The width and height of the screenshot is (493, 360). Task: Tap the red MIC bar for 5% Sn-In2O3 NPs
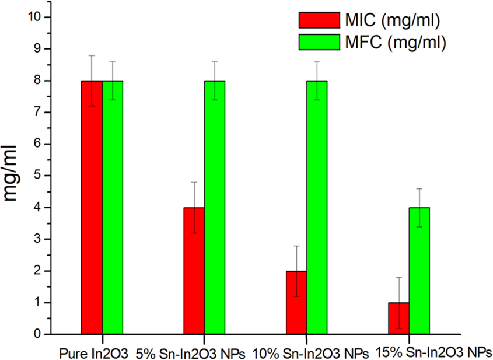(x=194, y=271)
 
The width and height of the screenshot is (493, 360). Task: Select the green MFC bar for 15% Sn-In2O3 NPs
(x=419, y=271)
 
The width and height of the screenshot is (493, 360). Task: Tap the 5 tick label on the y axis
(x=37, y=176)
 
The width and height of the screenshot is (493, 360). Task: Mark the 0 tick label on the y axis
(x=37, y=334)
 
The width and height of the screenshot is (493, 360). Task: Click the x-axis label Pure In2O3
(x=93, y=352)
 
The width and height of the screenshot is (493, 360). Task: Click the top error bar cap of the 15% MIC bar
(x=398, y=277)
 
